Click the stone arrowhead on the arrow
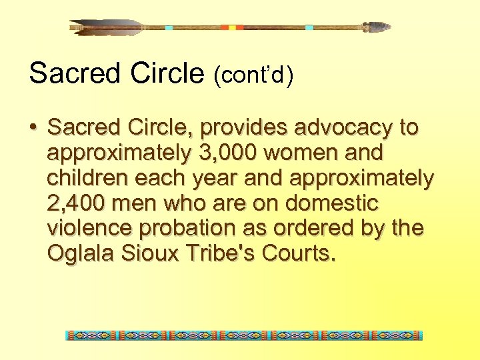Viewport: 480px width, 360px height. tap(377, 27)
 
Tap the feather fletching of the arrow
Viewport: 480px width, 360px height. tap(107, 27)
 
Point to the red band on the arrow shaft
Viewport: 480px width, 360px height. tap(233, 27)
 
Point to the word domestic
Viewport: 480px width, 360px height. tap(345, 203)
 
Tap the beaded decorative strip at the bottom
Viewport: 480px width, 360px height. tap(244, 335)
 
